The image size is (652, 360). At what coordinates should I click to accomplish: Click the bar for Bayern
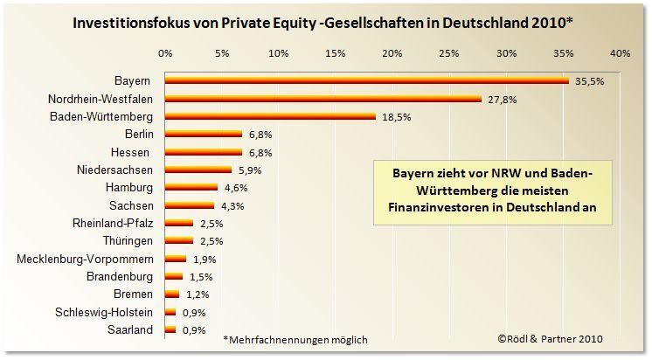click(x=367, y=80)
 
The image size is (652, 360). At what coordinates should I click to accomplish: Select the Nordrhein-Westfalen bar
click(x=323, y=99)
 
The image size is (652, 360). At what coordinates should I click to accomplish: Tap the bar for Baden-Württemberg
click(x=270, y=116)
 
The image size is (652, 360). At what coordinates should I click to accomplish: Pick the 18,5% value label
click(x=394, y=116)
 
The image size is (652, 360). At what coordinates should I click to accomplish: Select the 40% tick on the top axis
click(x=619, y=53)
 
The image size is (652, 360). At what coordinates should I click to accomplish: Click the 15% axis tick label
click(x=335, y=53)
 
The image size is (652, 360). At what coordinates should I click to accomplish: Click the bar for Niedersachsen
click(x=198, y=170)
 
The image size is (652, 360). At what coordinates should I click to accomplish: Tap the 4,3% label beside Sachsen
click(x=232, y=205)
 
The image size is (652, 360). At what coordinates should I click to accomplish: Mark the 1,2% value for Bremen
click(x=198, y=294)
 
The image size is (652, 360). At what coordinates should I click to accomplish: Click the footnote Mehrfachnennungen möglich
click(x=295, y=339)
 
